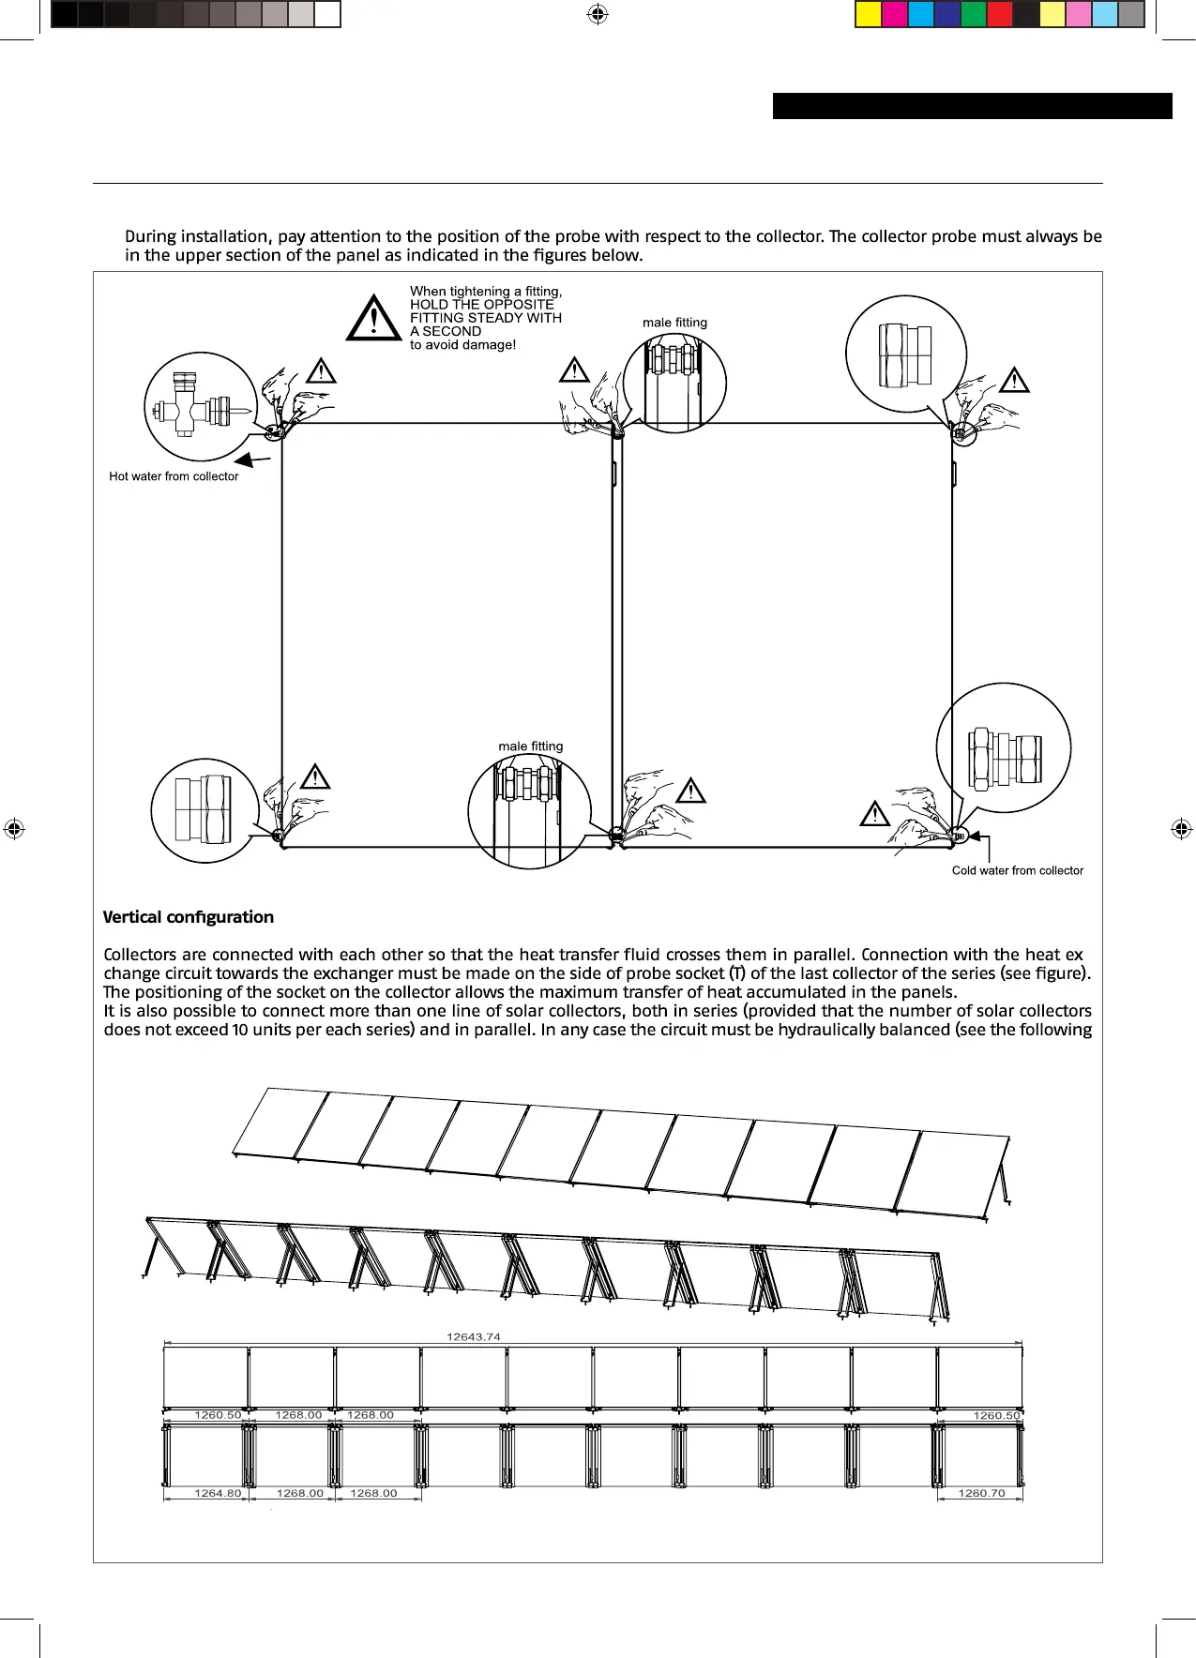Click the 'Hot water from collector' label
click(174, 476)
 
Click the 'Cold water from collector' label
click(1017, 870)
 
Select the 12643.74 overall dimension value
click(474, 1336)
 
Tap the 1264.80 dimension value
click(218, 1493)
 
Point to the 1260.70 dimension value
click(981, 1493)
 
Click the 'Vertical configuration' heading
click(189, 917)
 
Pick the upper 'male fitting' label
click(674, 323)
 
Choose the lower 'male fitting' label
click(531, 746)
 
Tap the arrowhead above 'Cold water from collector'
click(974, 836)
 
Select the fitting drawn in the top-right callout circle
click(905, 355)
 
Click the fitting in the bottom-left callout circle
click(203, 808)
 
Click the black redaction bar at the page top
click(972, 106)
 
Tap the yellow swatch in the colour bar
click(869, 15)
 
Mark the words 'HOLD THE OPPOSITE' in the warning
click(482, 305)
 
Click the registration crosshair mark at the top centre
click(597, 14)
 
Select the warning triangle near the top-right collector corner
click(1014, 380)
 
